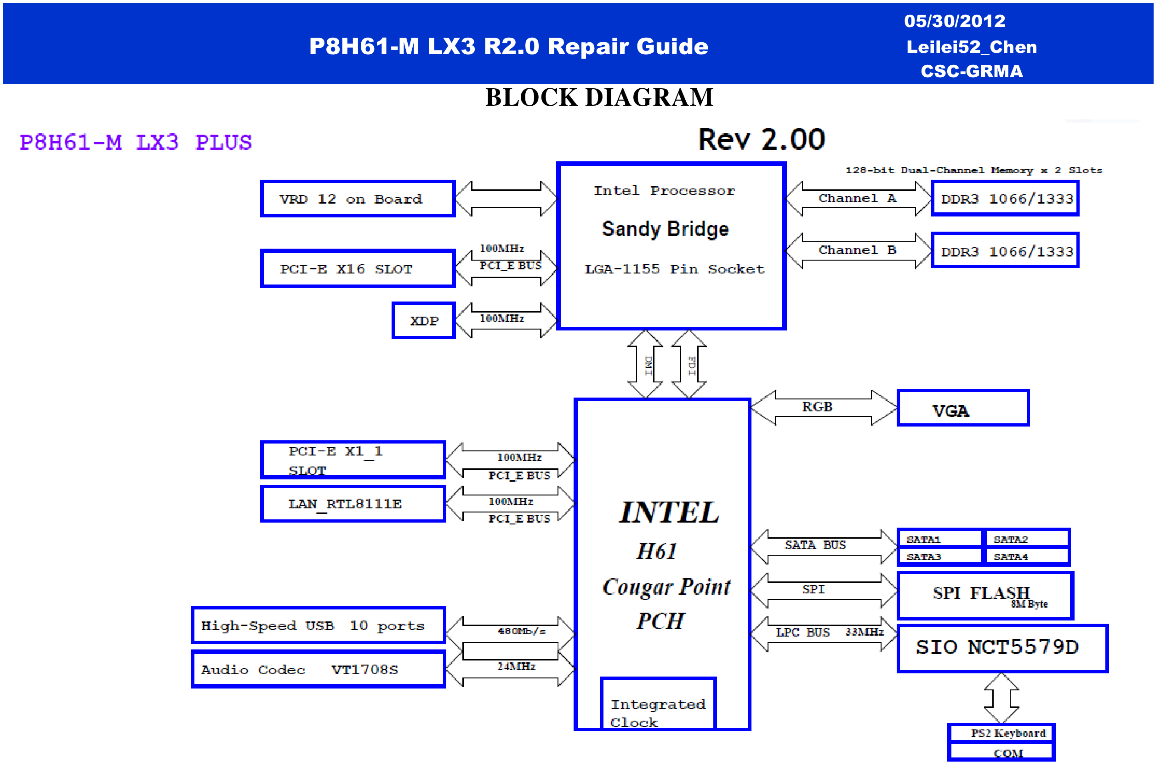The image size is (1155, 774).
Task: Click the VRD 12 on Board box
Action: (358, 199)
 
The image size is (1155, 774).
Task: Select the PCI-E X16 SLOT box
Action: (358, 268)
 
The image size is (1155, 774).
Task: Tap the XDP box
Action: (423, 320)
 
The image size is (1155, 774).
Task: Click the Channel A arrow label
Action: (857, 198)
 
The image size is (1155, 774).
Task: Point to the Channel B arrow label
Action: (857, 250)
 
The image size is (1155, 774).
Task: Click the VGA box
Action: (962, 408)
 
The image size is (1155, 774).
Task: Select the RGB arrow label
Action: (817, 407)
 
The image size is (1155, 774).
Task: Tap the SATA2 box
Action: (1027, 539)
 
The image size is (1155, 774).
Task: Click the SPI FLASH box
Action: (984, 595)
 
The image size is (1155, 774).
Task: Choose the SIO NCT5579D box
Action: (1002, 648)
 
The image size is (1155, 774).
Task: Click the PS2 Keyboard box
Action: (1001, 733)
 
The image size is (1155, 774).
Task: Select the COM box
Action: (1001, 752)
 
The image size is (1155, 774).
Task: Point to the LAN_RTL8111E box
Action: (353, 503)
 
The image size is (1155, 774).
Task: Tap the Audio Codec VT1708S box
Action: (319, 669)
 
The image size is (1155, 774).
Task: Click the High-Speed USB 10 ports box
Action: (319, 626)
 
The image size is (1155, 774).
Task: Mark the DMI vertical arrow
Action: (645, 364)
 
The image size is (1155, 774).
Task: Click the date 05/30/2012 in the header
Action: (954, 21)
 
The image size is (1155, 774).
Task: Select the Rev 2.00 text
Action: (761, 139)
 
